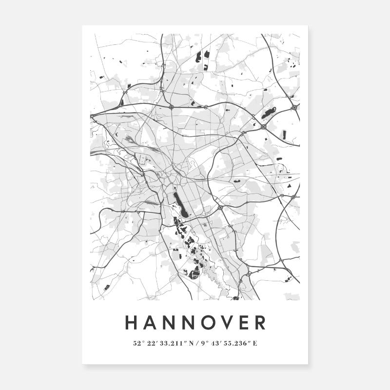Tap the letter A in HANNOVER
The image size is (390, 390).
click(151, 322)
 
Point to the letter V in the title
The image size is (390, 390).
click(231, 322)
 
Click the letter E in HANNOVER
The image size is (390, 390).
click(247, 322)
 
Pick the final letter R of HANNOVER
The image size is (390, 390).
click(261, 322)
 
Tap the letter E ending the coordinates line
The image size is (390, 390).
click(255, 343)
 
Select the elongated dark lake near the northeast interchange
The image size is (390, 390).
click(269, 114)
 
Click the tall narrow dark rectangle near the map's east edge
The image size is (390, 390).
click(284, 135)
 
